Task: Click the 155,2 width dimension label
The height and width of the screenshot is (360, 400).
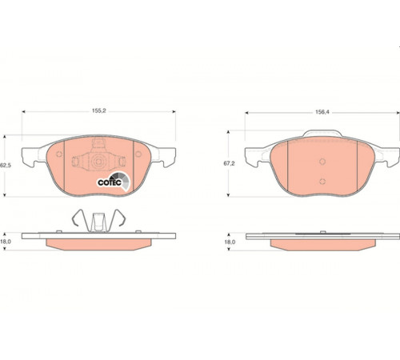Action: coord(99,110)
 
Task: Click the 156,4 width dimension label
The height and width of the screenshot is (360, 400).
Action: coord(322,112)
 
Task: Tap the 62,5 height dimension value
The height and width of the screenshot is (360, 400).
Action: coord(6,166)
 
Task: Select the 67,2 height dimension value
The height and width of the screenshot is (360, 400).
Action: coord(229,163)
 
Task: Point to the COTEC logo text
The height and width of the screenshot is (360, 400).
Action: coord(110,182)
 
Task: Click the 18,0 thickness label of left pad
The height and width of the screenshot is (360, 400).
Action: coord(6,242)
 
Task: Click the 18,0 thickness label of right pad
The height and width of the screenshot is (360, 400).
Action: coord(230,242)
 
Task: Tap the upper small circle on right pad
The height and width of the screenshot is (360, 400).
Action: coord(322,162)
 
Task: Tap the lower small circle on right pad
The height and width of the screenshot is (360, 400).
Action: coord(322,182)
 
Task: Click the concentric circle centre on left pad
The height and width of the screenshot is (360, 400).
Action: coord(98,162)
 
